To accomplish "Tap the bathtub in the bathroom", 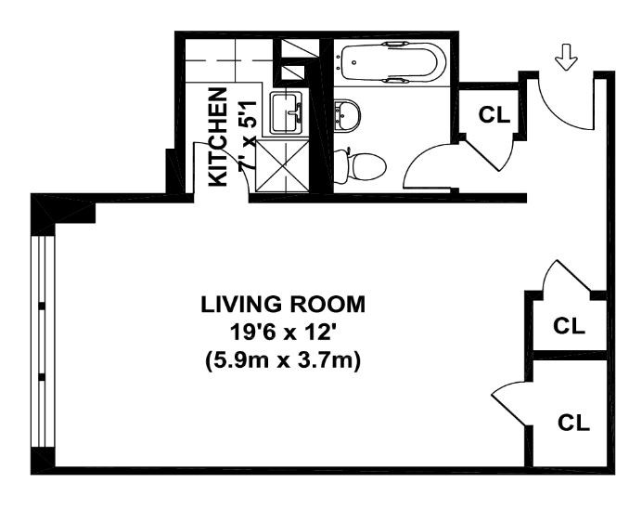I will [x=391, y=60].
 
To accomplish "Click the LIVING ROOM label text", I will [x=282, y=304].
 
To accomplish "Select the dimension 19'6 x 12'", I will [x=282, y=332].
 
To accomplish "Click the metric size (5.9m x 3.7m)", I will [x=282, y=360].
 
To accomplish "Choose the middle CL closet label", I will [x=568, y=326].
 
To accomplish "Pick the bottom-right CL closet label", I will [x=573, y=423].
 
